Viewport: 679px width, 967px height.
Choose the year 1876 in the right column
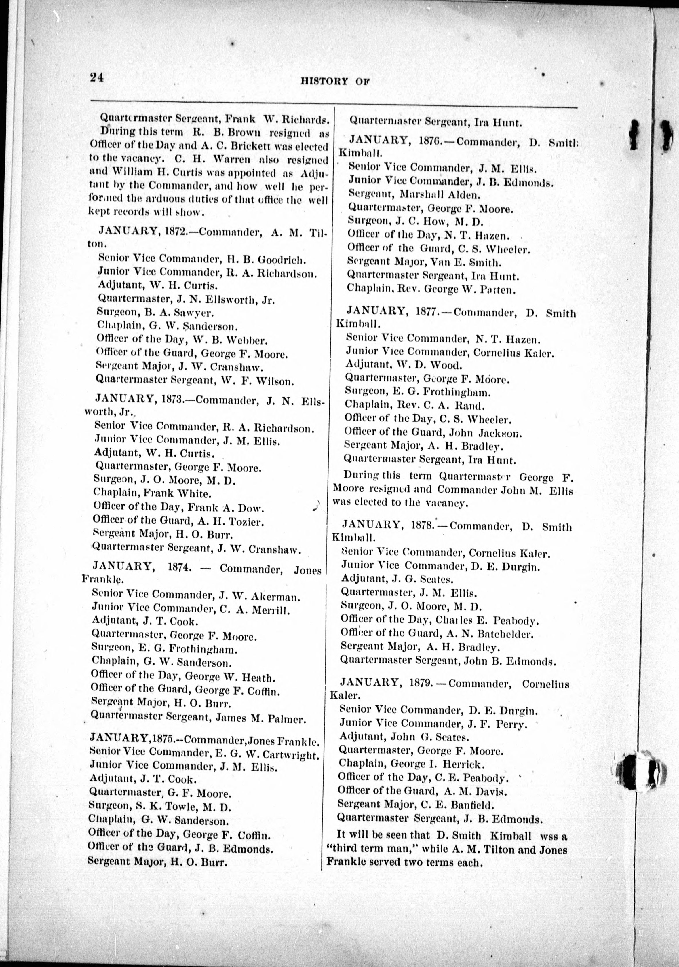[432, 141]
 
